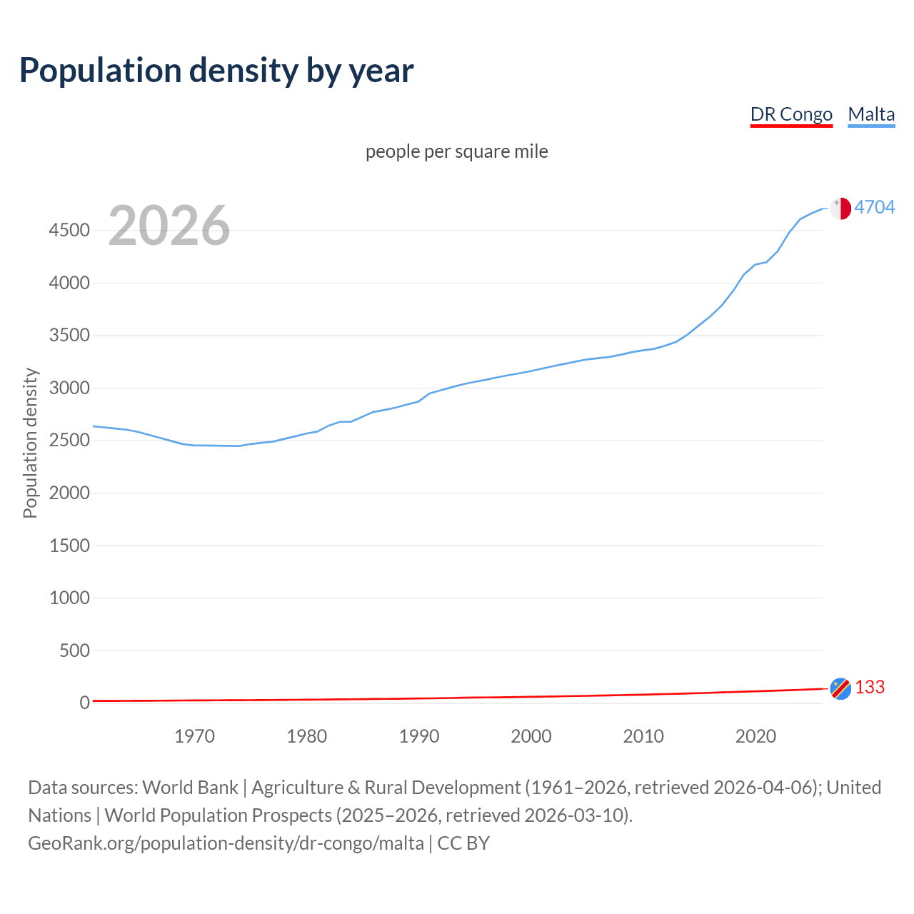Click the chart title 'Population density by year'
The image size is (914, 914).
tap(216, 71)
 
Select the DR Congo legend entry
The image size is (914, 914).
tap(791, 114)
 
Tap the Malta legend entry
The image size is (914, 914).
tap(871, 114)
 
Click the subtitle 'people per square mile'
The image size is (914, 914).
tap(457, 152)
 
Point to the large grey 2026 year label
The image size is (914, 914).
tap(169, 226)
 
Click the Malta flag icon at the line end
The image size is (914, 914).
tap(840, 208)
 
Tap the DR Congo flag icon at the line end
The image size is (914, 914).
tap(840, 688)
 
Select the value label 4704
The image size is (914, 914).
tap(875, 207)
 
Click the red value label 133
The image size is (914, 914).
tap(870, 687)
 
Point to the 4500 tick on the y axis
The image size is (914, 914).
tap(69, 231)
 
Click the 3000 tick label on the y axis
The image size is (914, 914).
tap(69, 388)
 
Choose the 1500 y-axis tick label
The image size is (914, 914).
tap(69, 546)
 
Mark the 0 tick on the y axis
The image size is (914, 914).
tap(85, 703)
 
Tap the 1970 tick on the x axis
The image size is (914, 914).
tap(194, 736)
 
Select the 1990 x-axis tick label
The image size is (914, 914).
tap(419, 736)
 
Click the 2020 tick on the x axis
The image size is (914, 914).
tap(755, 736)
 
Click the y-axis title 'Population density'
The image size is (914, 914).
tap(30, 443)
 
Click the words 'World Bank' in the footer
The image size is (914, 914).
tap(190, 788)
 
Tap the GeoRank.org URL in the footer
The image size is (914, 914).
tap(226, 843)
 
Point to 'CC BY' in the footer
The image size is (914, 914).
tap(463, 843)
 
